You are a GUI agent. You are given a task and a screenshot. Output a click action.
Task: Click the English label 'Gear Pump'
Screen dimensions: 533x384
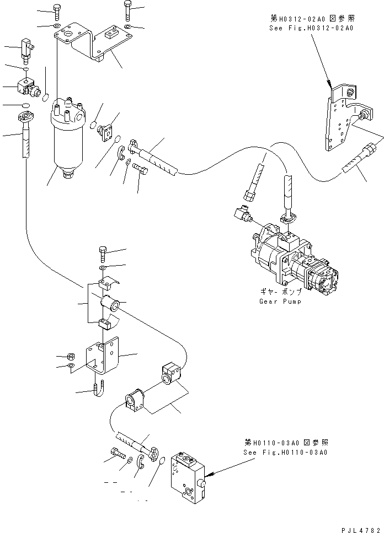click(x=280, y=302)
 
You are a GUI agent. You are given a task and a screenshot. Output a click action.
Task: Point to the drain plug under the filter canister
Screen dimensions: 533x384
click(x=69, y=175)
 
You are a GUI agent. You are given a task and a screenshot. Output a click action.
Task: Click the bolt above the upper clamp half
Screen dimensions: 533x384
click(x=103, y=255)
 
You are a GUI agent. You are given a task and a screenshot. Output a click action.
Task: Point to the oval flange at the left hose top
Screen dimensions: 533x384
click(x=25, y=117)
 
